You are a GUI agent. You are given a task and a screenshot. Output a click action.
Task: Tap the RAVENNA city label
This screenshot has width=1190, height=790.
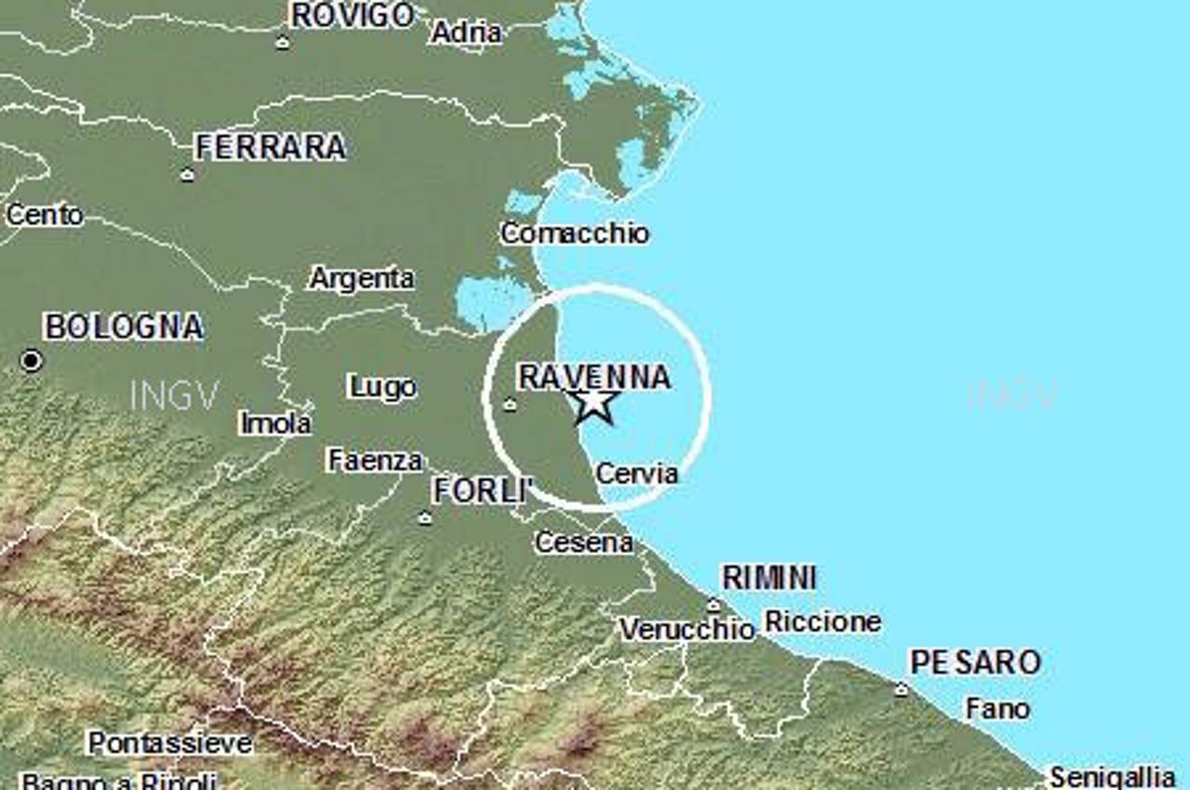tap(594, 376)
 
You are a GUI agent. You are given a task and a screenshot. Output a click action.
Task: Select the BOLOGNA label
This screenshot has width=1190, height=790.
tap(124, 327)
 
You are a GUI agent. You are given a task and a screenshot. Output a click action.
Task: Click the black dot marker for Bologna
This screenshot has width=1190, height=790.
tap(32, 360)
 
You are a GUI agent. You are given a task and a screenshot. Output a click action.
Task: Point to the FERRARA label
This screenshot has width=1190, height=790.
tap(271, 147)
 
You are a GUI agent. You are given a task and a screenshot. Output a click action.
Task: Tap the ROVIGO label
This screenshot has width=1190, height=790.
tap(352, 15)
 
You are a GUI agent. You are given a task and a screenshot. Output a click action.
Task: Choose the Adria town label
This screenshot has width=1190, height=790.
tap(467, 33)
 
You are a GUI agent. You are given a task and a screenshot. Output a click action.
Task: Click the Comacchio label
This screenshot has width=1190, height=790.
tap(575, 232)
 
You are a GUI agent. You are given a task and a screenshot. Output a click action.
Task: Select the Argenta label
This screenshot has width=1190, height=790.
tap(362, 278)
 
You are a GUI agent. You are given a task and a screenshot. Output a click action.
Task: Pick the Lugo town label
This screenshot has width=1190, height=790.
tap(381, 387)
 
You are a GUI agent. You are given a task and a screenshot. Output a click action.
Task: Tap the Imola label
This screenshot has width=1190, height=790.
tap(276, 423)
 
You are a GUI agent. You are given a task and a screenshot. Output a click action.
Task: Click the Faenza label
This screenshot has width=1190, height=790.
tap(376, 459)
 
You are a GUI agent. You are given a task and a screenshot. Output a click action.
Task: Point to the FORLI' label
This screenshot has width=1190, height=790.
tap(481, 491)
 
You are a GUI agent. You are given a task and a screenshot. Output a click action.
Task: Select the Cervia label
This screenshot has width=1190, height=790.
tap(637, 473)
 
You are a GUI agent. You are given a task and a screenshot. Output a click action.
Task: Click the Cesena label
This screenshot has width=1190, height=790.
tap(584, 542)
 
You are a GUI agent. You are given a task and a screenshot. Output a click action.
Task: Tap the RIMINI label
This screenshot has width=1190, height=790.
tap(769, 577)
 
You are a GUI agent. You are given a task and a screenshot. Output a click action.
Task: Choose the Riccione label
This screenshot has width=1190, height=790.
tap(822, 621)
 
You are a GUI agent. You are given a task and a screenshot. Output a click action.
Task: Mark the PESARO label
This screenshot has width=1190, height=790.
tap(974, 663)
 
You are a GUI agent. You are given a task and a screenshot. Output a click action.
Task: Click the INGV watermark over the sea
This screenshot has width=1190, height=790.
tap(1012, 395)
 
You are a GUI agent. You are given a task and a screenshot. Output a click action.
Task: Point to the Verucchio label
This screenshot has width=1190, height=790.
tap(687, 629)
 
